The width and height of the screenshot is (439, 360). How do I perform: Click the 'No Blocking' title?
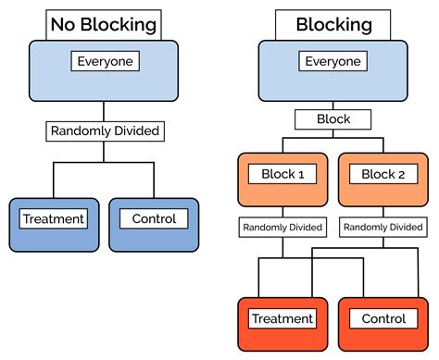click(104, 24)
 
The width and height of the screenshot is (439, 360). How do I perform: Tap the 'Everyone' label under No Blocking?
click(104, 62)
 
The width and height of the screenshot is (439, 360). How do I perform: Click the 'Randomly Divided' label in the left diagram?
click(104, 130)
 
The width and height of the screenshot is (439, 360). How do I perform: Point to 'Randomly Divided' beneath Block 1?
click(282, 227)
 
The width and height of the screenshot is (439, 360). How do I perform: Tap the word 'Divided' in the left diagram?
click(135, 130)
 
